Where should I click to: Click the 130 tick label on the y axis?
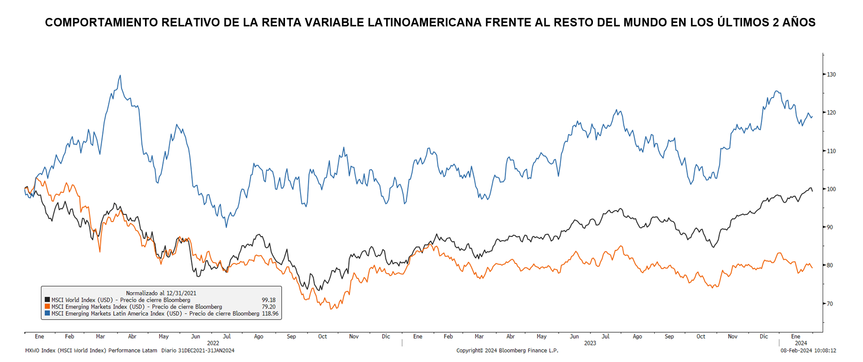coord(831,75)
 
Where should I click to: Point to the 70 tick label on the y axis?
coord(830,304)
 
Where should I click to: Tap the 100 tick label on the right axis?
coord(831,189)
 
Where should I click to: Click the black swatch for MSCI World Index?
coord(47,300)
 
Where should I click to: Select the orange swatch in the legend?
coord(47,307)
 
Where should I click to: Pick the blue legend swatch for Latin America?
coord(47,314)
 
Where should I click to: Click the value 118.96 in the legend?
coord(270,314)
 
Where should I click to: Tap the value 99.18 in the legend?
coord(269,300)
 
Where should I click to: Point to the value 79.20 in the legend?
coord(269,307)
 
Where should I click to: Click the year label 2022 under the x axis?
coord(213,343)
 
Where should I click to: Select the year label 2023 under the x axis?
coord(590,343)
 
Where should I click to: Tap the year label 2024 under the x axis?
coord(801,343)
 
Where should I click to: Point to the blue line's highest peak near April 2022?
coord(120,76)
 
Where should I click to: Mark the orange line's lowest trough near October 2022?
coord(331,309)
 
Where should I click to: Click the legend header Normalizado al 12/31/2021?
coord(161,293)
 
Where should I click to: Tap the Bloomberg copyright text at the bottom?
coord(507,351)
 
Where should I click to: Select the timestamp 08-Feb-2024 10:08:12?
coord(808,351)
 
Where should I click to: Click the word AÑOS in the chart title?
coord(799,22)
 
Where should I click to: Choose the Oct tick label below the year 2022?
coord(322,337)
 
